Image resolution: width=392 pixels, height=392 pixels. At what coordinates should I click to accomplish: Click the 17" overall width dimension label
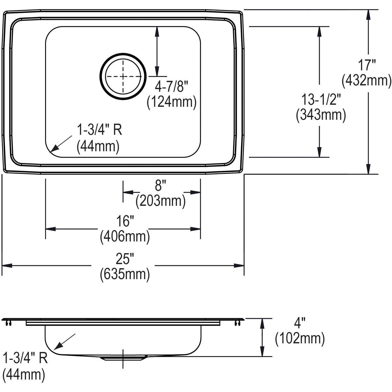point(366,65)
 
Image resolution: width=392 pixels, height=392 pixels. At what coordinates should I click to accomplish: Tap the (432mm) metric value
point(366,80)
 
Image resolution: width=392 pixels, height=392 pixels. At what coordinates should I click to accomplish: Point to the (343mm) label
point(320,115)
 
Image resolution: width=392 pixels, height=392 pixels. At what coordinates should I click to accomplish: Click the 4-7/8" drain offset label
point(172,87)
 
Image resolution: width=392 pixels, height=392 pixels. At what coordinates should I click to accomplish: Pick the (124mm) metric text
point(171,102)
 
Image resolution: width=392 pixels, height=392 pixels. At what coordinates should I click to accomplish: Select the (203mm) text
point(160,201)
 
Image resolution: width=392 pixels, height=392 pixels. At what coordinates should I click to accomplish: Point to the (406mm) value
point(125,236)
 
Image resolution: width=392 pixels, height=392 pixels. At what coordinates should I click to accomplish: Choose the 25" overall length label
point(125,259)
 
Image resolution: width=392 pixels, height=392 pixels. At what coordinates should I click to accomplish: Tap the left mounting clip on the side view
point(8,323)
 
